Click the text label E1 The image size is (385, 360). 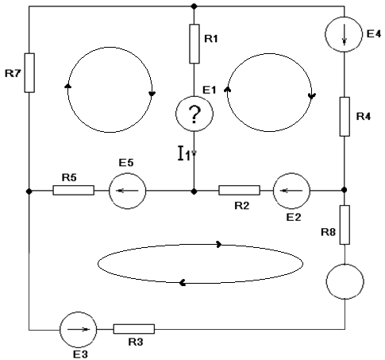click(x=210, y=90)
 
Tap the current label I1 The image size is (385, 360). click(x=184, y=153)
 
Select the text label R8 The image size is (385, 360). click(x=328, y=232)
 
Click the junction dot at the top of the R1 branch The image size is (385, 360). click(x=194, y=6)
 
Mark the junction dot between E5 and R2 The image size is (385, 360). click(x=194, y=191)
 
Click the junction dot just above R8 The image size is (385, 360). click(x=344, y=190)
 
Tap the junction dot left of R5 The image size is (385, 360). click(x=29, y=191)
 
